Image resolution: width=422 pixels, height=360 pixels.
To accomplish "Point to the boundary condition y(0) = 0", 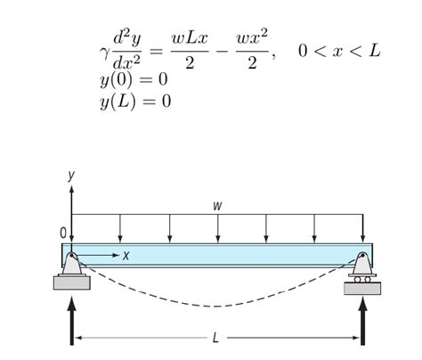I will pyautogui.click(x=134, y=80).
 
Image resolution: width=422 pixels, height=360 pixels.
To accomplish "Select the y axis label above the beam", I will pyautogui.click(x=72, y=176).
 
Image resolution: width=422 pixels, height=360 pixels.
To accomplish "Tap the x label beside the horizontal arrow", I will pyautogui.click(x=126, y=256).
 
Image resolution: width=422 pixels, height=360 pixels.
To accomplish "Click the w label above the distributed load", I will pyautogui.click(x=217, y=206).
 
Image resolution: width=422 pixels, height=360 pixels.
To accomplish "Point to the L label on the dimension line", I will pyautogui.click(x=216, y=339).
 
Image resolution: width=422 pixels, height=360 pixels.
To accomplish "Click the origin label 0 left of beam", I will pyautogui.click(x=62, y=233).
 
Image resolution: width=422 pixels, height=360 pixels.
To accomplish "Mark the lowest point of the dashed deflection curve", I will pyautogui.click(x=217, y=306).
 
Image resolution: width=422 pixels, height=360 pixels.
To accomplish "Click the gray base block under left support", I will pyautogui.click(x=72, y=282).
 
